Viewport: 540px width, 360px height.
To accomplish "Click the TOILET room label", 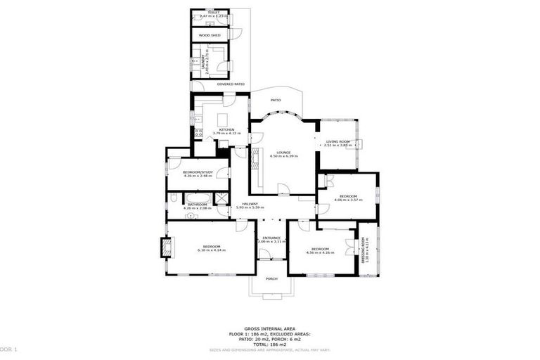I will click(x=205, y=13).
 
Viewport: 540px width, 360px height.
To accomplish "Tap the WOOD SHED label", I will click(x=210, y=34).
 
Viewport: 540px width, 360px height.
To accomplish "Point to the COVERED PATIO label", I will click(x=231, y=84).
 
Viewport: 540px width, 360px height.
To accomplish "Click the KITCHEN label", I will click(x=226, y=129).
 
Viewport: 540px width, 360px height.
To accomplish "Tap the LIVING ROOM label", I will click(x=338, y=142).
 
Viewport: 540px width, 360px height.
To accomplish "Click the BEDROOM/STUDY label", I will click(x=198, y=172).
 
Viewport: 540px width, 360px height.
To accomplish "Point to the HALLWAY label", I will click(x=251, y=204).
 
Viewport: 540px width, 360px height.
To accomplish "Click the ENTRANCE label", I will click(x=273, y=238).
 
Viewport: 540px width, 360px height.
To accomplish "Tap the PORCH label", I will click(x=271, y=278).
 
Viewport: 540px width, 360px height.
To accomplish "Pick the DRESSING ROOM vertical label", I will click(x=364, y=250).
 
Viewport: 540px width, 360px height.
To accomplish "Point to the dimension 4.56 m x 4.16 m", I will click(x=321, y=252).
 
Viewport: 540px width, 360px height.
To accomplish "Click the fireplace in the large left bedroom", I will click(x=167, y=248).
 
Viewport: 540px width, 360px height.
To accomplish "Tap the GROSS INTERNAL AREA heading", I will click(x=269, y=328).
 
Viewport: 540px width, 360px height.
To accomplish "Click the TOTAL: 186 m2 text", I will click(x=269, y=345).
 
